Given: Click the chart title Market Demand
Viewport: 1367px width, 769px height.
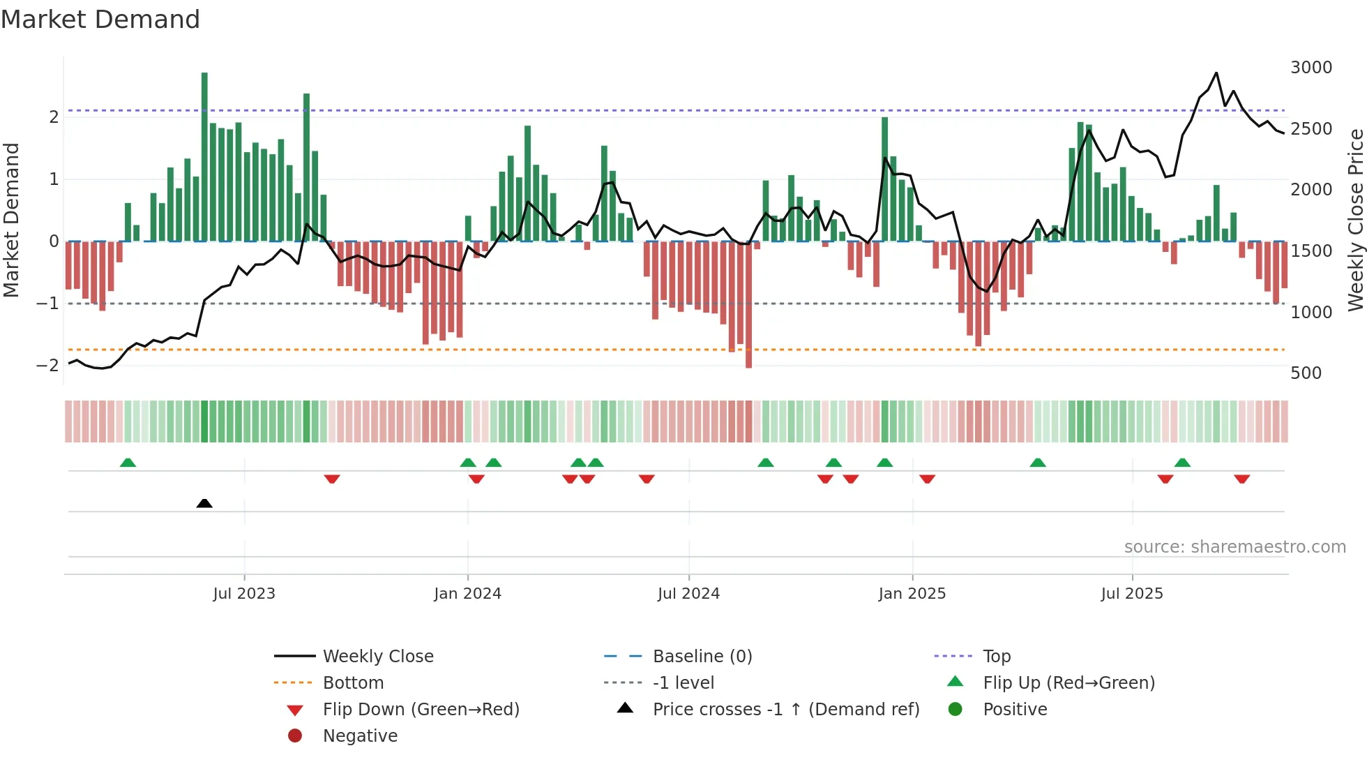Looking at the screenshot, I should click(100, 20).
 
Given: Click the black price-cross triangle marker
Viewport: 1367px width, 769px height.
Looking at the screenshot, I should click(204, 503).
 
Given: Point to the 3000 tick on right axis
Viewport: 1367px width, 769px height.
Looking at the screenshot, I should click(1311, 68).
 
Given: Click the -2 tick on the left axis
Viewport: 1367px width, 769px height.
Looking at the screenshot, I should click(47, 365).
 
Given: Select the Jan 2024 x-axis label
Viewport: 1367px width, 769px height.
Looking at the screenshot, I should click(467, 594).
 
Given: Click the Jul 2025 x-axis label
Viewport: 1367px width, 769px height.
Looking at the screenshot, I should click(1132, 594).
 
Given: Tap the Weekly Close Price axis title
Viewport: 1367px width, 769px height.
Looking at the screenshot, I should click(1355, 220).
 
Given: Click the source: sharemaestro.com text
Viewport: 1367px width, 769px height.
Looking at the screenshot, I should click(1234, 547).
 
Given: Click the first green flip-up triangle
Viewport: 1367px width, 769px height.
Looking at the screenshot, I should click(128, 463).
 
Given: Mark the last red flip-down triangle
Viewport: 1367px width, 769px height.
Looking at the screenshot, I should click(1241, 479).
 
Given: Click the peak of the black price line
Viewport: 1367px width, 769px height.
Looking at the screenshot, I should click(1216, 73).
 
